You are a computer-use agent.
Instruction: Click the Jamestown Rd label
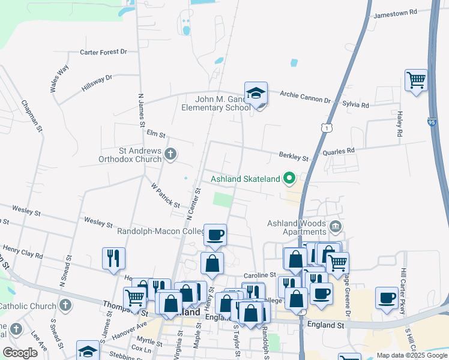click(x=395, y=13)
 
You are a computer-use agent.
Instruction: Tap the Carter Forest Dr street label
click(x=103, y=52)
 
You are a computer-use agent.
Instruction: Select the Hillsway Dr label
click(x=97, y=82)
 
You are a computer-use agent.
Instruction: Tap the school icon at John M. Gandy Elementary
click(x=256, y=94)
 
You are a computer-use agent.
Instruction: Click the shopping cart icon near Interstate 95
click(x=416, y=80)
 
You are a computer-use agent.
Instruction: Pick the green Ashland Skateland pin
click(x=289, y=178)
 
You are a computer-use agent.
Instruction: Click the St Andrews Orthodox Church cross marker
click(x=170, y=154)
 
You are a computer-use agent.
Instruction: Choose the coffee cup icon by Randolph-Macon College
click(x=215, y=235)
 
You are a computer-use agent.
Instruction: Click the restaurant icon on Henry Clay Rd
click(x=113, y=259)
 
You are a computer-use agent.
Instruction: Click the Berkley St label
click(x=294, y=157)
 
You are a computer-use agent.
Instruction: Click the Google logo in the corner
click(x=20, y=353)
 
